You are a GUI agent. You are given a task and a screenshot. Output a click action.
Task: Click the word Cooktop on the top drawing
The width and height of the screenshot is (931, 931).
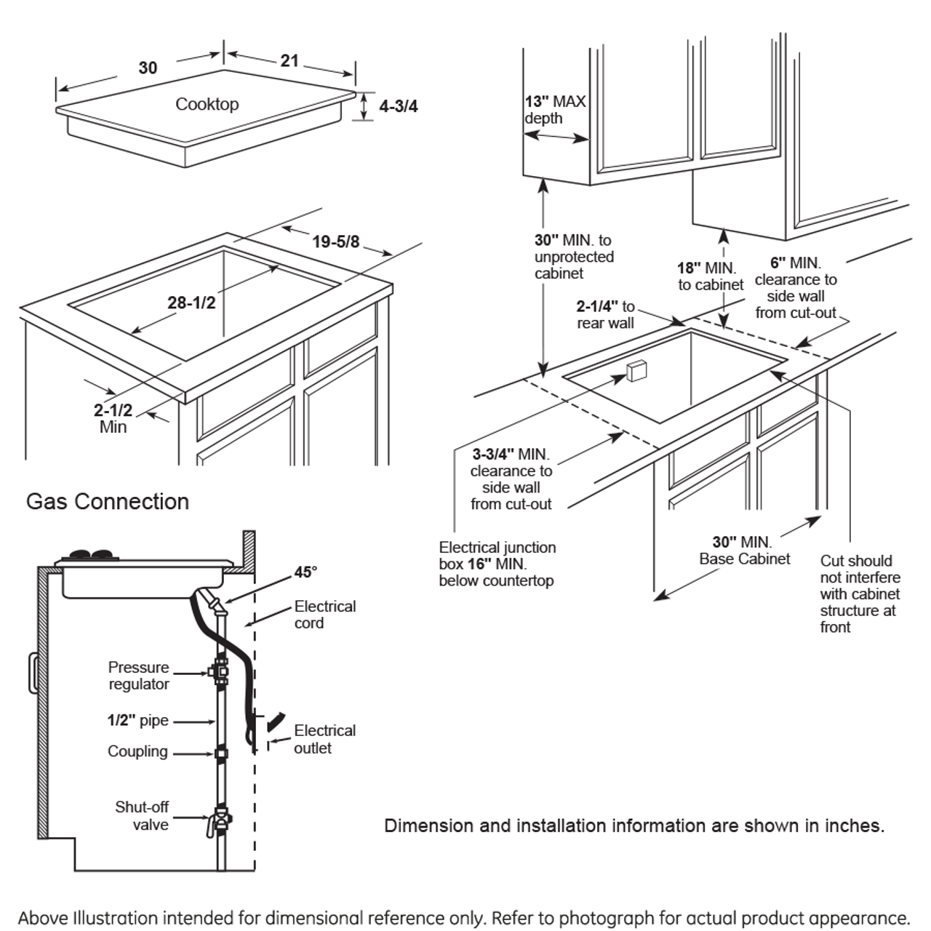[207, 104]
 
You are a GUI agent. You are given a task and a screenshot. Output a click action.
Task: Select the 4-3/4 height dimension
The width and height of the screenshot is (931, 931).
[398, 106]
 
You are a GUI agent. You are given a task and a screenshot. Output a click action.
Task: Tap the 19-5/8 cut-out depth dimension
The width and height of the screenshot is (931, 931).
[335, 241]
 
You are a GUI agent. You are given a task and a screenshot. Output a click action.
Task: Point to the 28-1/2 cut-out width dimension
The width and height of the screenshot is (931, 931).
[191, 303]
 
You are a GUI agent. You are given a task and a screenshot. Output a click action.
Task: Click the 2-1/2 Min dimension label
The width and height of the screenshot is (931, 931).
[113, 418]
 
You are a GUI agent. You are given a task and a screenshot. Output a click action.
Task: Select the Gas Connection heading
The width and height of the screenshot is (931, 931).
[108, 501]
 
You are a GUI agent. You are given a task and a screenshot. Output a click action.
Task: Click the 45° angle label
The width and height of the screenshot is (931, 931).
[305, 572]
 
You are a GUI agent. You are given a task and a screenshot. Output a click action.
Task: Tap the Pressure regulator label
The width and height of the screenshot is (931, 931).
[138, 676]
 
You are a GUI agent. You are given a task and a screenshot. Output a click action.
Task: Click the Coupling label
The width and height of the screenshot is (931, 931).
[137, 751]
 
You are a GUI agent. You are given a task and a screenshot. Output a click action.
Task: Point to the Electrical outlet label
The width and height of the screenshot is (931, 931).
[324, 739]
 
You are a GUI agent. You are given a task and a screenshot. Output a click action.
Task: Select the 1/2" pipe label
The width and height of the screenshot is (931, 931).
[137, 720]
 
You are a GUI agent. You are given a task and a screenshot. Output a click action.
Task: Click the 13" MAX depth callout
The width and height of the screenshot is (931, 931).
[555, 110]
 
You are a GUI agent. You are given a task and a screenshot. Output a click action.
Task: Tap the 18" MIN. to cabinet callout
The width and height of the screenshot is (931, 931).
[710, 276]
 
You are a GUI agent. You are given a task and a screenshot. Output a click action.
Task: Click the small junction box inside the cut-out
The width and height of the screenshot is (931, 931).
[636, 370]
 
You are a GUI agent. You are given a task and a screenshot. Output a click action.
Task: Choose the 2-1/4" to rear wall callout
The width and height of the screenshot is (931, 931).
[605, 315]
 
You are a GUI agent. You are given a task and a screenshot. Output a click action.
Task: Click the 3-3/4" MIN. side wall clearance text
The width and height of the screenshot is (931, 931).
[511, 479]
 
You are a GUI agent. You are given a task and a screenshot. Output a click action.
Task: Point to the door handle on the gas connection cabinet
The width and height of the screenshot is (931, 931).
[33, 673]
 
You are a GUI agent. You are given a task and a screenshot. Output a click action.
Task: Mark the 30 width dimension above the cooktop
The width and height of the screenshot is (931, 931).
[148, 68]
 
